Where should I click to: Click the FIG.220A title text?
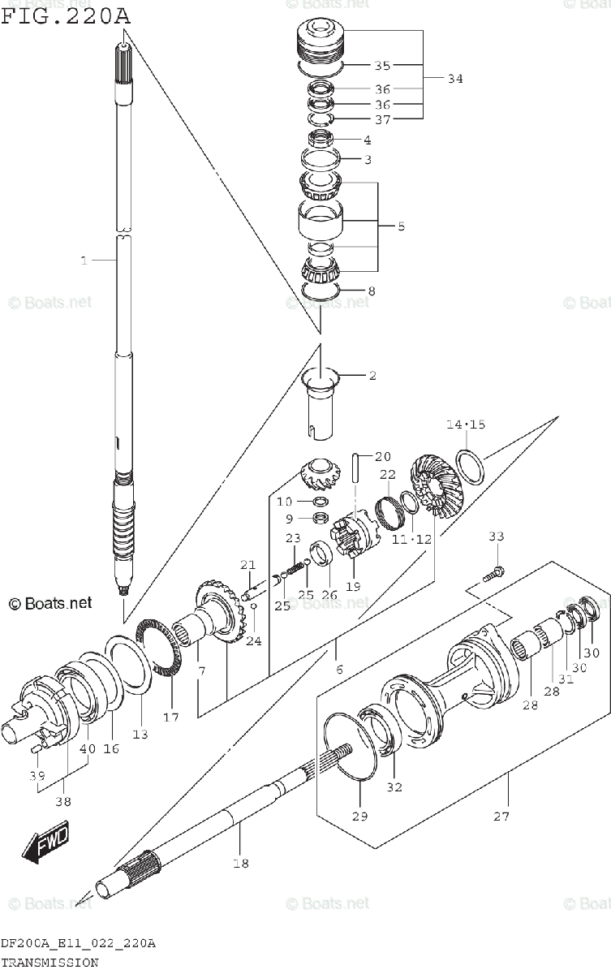66,16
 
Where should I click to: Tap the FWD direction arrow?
45,842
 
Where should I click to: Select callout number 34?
455,79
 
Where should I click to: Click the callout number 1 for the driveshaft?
84,261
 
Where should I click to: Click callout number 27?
501,817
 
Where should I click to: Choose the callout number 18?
241,863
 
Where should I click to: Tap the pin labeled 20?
356,468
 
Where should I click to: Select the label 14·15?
466,424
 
